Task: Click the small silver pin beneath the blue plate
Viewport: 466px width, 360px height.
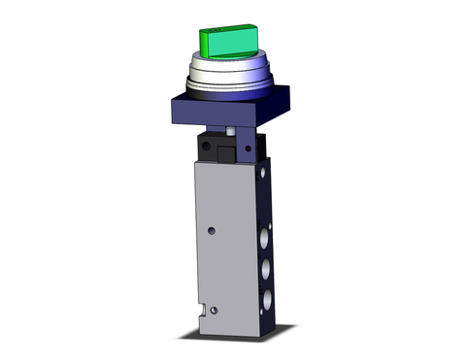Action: click(229, 130)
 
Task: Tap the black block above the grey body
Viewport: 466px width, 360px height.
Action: click(218, 147)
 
